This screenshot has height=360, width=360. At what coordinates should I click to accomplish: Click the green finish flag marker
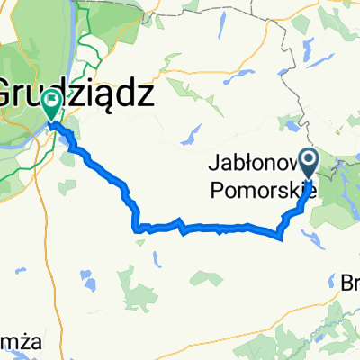51,105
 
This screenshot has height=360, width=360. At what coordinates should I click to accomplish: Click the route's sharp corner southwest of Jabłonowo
280,237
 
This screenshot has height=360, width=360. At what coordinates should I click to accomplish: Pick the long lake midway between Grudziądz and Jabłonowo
191,135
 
